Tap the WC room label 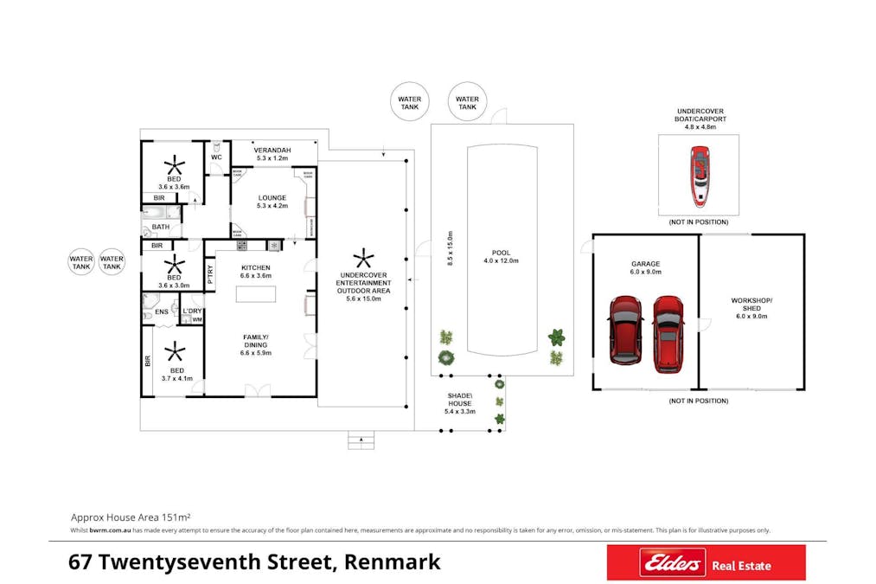click(x=216, y=157)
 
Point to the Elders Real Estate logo click(x=706, y=563)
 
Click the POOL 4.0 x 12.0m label click(x=502, y=257)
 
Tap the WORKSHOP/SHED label click(x=751, y=309)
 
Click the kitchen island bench click(x=256, y=293)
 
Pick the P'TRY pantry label click(x=210, y=274)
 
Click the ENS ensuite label click(x=162, y=311)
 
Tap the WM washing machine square click(x=196, y=320)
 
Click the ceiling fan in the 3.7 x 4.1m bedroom click(x=175, y=351)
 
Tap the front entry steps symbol click(x=361, y=441)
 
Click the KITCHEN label click(x=256, y=268)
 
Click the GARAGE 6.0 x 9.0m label click(x=645, y=267)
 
